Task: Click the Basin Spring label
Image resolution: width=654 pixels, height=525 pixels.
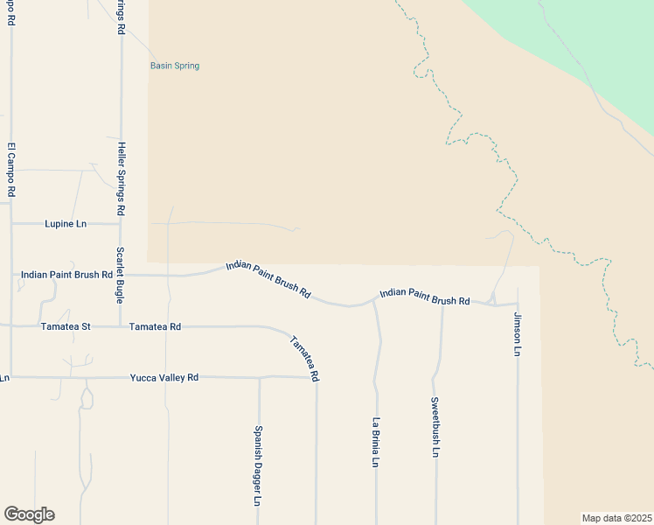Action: point(175,66)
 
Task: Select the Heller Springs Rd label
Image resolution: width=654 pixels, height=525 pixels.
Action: point(122,179)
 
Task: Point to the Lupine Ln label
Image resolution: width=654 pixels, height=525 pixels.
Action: point(66,224)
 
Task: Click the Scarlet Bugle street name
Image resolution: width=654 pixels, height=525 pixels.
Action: point(121,275)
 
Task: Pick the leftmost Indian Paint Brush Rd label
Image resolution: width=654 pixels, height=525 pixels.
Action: point(67,274)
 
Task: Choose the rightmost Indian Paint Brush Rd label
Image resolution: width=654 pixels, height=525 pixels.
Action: point(425,297)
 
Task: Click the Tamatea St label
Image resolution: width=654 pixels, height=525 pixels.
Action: point(66,326)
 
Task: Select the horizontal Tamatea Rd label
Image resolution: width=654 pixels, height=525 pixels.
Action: point(155,326)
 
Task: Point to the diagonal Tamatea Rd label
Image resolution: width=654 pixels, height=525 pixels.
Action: point(304,359)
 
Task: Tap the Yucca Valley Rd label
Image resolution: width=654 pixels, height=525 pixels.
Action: point(164,377)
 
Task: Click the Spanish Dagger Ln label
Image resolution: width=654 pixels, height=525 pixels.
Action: point(258,465)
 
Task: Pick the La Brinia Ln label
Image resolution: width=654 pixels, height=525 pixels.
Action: point(376,442)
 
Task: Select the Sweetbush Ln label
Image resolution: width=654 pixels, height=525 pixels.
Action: point(435,427)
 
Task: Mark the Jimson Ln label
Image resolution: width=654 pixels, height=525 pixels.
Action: point(518,333)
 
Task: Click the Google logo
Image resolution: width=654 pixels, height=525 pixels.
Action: point(29,514)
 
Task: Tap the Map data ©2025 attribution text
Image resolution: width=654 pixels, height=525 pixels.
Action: point(616,517)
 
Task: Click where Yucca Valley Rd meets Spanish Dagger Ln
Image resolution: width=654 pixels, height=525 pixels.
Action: point(260,378)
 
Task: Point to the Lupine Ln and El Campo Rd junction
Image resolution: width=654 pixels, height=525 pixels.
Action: point(11,224)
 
